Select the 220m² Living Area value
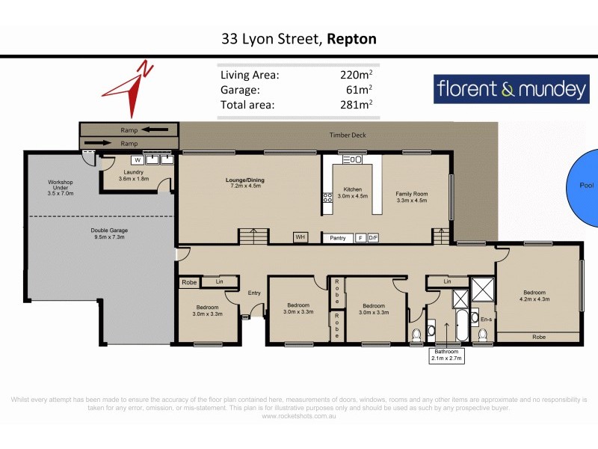356,75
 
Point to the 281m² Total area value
356,105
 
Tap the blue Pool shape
585,187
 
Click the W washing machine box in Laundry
138,159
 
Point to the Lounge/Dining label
245,180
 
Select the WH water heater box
300,237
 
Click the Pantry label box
338,238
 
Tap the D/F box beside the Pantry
373,238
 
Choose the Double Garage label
100,230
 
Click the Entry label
254,293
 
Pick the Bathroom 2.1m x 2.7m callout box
445,355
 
